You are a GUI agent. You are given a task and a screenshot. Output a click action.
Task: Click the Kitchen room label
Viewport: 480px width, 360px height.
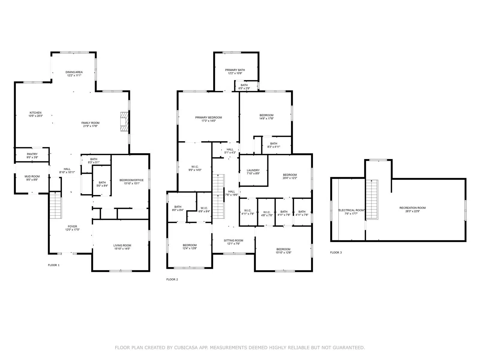tap(35, 113)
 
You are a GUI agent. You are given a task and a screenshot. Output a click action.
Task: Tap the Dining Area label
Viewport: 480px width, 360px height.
tap(74, 72)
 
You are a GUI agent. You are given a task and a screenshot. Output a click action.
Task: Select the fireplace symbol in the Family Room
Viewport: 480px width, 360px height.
tap(124, 122)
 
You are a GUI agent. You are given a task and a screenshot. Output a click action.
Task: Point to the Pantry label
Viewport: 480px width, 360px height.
tap(32, 154)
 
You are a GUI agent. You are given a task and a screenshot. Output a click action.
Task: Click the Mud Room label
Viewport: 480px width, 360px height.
tap(32, 176)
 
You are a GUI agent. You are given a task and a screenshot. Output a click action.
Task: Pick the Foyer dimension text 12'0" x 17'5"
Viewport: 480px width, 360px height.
tap(72, 230)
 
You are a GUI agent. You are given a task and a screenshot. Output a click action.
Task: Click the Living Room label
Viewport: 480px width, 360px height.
tap(122, 245)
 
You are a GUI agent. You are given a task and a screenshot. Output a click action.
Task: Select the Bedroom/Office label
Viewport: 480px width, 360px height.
tap(132, 180)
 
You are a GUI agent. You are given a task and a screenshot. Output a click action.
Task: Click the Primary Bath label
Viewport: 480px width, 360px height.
tap(235, 70)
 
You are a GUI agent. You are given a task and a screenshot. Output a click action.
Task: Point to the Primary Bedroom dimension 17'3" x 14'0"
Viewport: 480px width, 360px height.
tap(208, 121)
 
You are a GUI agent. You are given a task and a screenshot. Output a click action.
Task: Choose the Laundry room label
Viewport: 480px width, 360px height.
tap(253, 170)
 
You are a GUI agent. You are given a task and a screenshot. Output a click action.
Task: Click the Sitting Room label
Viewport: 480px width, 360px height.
tap(233, 240)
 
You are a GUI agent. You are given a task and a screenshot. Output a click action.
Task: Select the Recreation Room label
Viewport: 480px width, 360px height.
tap(412, 208)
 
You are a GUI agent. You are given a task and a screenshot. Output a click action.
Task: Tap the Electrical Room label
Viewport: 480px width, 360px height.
tap(351, 210)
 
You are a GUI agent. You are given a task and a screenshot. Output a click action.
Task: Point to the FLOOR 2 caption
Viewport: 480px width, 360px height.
tap(172, 279)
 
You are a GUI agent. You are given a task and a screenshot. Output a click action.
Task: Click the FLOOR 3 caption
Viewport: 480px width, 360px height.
tap(336, 253)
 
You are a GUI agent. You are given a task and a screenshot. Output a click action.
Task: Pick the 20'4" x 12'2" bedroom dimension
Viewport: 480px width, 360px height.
tap(290, 178)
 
